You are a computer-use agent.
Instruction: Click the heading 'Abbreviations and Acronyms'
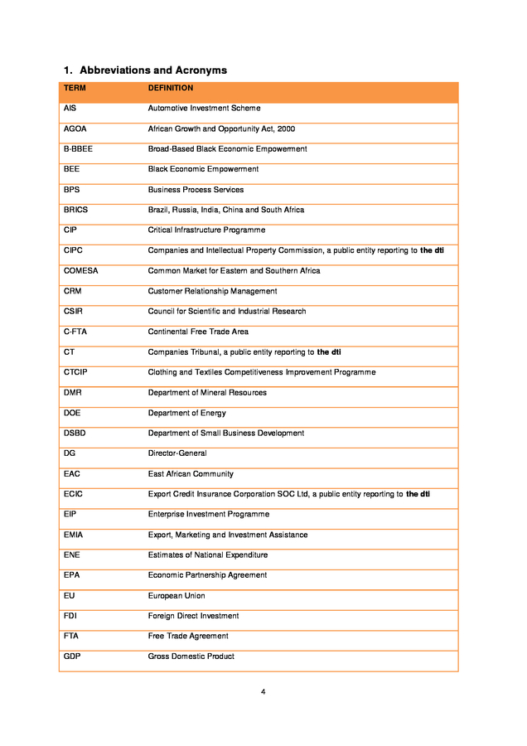(152, 70)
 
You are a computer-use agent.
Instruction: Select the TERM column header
(75, 88)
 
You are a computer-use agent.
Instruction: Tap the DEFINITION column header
(170, 88)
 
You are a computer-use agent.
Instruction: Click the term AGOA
(75, 128)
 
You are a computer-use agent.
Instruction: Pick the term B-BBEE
(78, 149)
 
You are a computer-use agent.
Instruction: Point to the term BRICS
(75, 210)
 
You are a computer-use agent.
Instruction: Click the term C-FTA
(75, 332)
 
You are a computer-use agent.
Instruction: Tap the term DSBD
(75, 433)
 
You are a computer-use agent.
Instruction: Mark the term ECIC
(73, 494)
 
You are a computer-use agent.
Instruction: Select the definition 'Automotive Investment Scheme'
(204, 109)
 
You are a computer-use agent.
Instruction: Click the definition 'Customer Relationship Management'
(212, 291)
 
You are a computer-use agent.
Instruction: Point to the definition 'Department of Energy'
(186, 413)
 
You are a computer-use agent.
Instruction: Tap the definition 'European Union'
(176, 596)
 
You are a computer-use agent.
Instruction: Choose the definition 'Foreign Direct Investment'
(193, 616)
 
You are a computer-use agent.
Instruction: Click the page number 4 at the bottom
(263, 691)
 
